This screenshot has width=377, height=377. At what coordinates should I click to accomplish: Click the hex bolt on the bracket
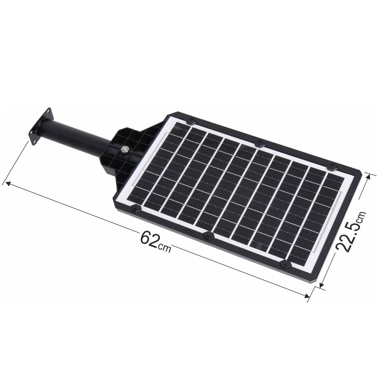(x=124, y=150)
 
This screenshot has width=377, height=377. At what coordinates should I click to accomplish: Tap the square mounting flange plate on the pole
(x=40, y=126)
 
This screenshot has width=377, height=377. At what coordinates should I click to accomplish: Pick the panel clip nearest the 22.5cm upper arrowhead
(x=332, y=166)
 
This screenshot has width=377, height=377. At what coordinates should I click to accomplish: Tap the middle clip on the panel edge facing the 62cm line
(x=208, y=236)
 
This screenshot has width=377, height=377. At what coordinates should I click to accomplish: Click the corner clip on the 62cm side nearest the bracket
(x=135, y=208)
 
